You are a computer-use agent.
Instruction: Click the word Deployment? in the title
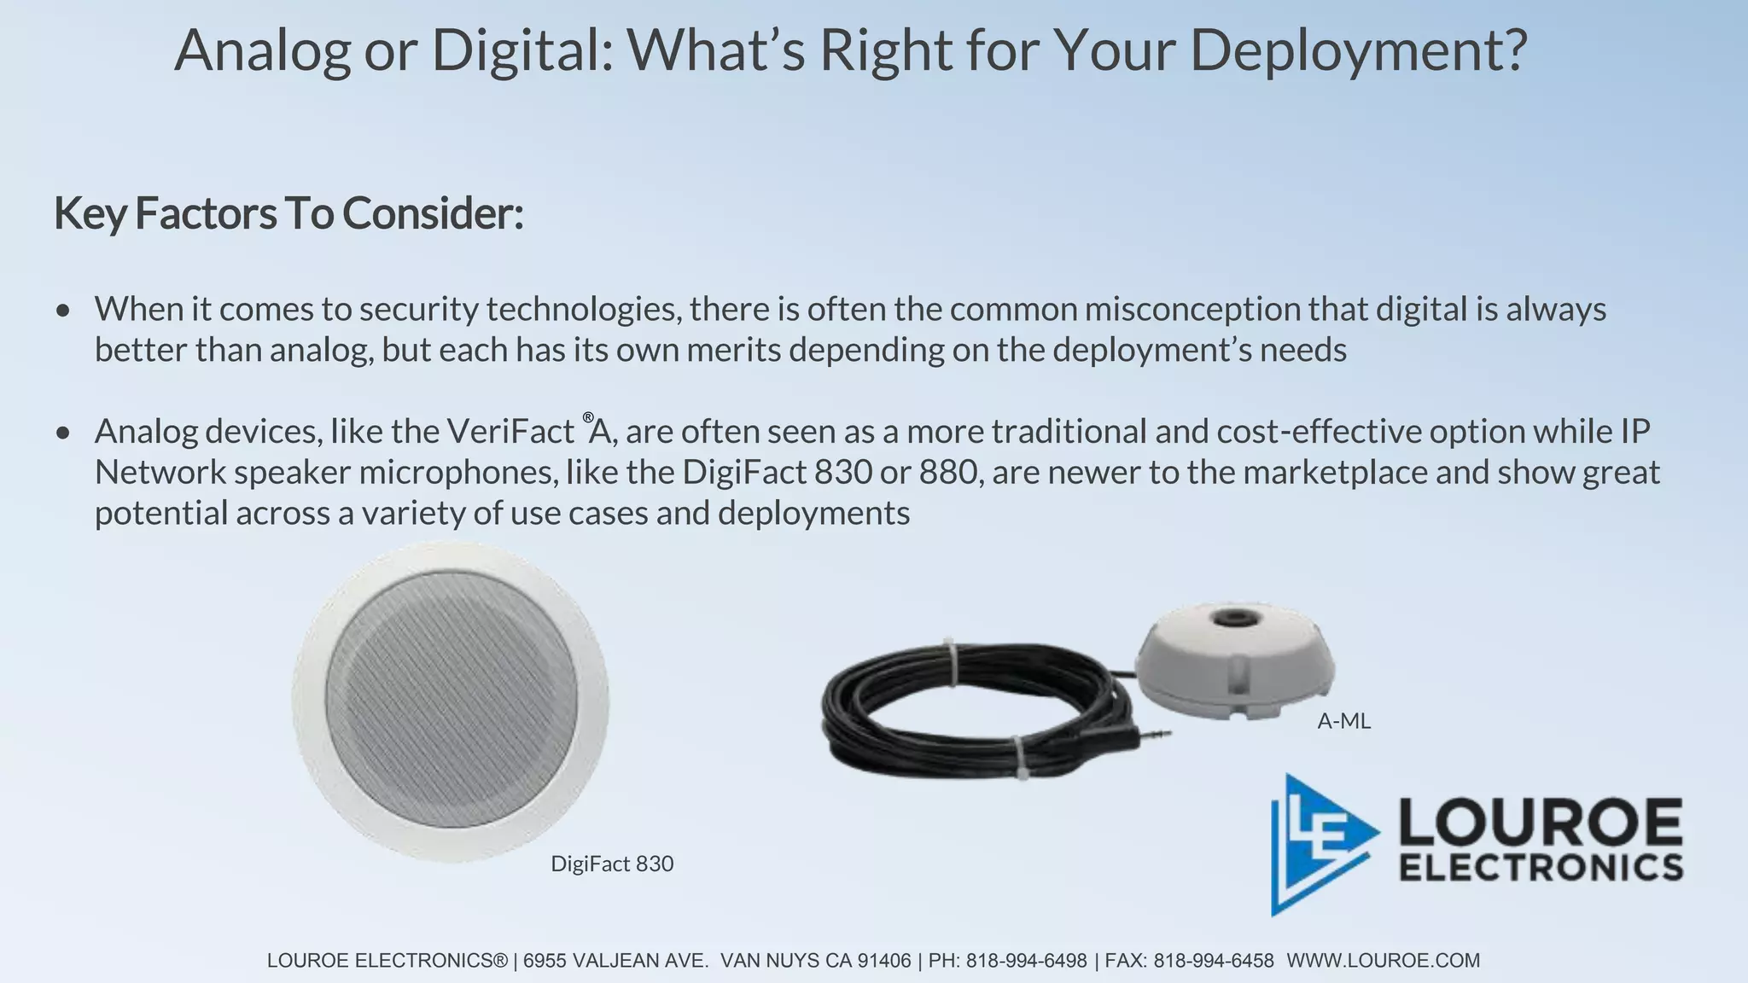pos(1358,51)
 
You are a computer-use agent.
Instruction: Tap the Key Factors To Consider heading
pos(288,213)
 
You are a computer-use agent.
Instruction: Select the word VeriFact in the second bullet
pos(510,432)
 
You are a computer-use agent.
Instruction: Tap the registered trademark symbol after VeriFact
pos(588,417)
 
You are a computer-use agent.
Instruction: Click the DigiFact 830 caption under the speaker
pos(612,864)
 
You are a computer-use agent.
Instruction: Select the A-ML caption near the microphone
pos(1343,722)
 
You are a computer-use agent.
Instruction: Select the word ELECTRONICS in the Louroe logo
pos(1541,867)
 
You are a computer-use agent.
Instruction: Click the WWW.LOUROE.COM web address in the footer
pos(1383,961)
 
